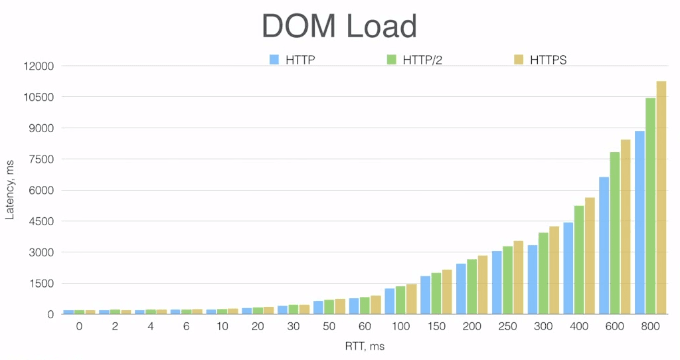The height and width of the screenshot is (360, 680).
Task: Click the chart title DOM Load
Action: point(339,27)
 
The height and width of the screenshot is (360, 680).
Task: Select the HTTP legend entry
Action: point(292,60)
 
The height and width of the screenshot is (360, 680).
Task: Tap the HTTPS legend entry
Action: point(541,60)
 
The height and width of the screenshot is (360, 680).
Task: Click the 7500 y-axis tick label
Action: point(42,159)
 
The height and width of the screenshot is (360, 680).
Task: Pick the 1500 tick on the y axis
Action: point(42,284)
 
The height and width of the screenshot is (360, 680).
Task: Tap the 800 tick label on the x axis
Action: point(650,327)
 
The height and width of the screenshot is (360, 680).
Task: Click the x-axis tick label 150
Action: point(436,327)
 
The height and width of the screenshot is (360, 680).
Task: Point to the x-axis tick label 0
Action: point(79,327)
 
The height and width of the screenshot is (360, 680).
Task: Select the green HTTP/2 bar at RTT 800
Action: point(650,206)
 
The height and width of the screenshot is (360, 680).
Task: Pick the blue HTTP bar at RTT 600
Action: point(604,246)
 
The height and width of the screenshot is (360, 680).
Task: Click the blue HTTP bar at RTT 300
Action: point(533,280)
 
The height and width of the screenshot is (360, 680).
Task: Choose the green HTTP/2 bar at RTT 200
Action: point(471,286)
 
